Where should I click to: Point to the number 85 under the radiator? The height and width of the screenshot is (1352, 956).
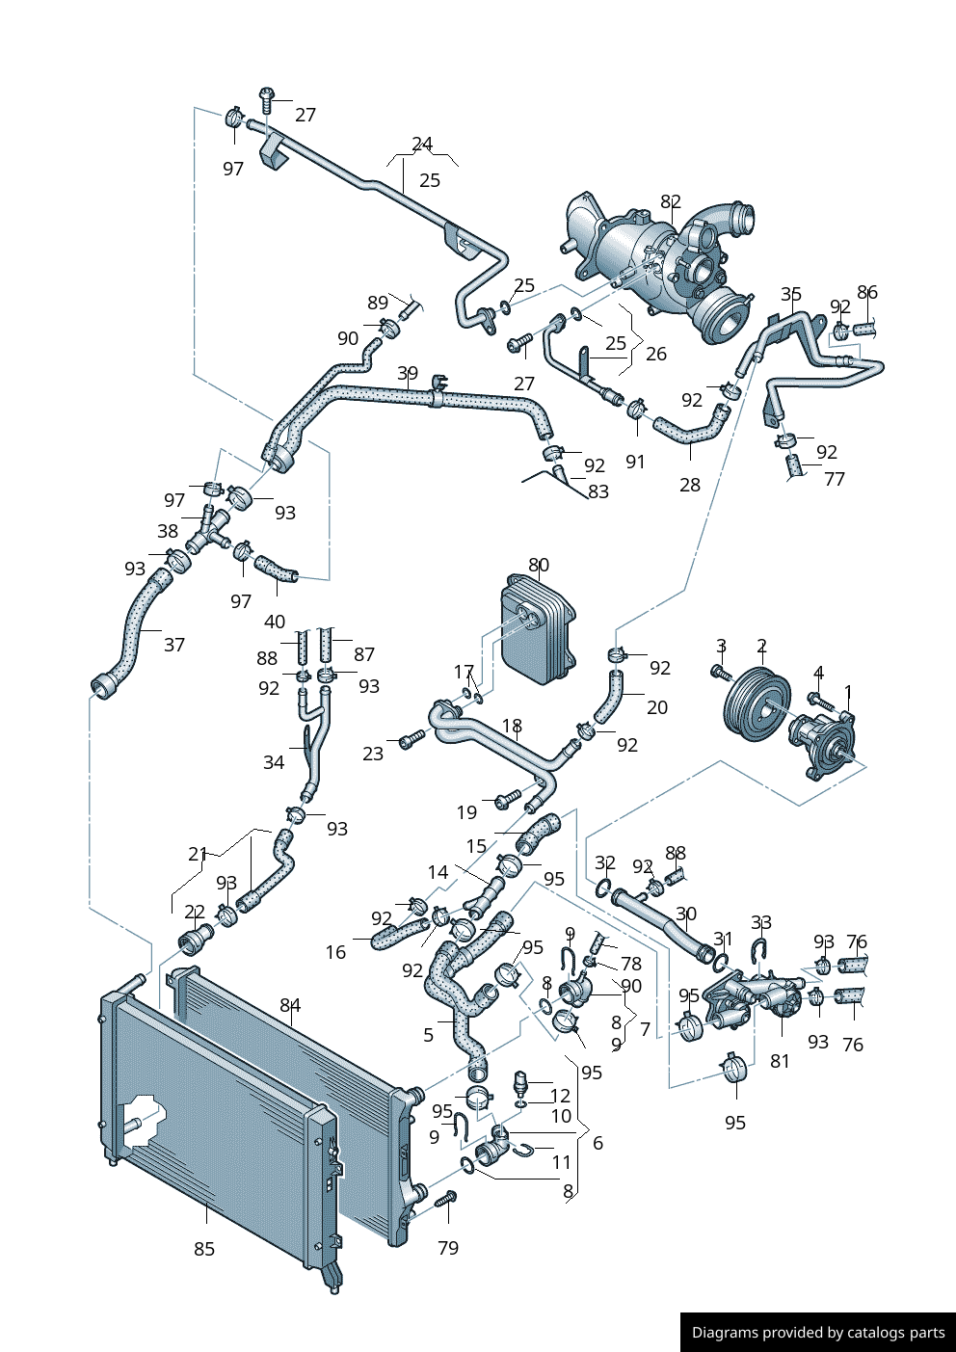(204, 1249)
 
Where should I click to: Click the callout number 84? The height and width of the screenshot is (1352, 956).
(290, 1006)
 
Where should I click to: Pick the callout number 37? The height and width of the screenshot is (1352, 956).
(173, 645)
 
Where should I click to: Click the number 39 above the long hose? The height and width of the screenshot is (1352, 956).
(408, 374)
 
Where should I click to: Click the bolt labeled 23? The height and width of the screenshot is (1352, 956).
(412, 740)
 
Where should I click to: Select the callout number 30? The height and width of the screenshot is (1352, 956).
(686, 914)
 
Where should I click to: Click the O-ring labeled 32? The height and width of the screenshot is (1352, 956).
(603, 886)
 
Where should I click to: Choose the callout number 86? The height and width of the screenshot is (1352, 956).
(867, 293)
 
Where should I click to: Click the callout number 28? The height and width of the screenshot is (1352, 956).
(690, 485)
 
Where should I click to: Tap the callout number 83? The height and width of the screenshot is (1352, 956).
(598, 491)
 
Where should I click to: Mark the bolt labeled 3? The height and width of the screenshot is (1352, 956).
(718, 672)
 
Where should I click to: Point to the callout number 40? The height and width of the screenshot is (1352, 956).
(275, 622)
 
